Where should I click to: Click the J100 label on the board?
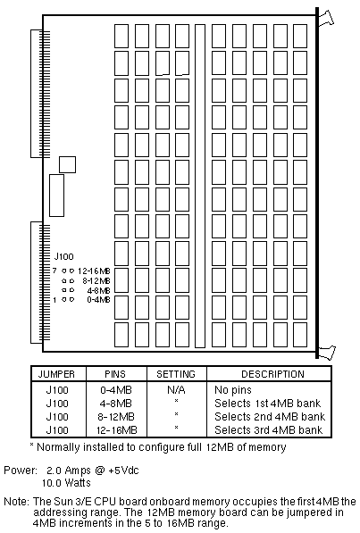coord(63,256)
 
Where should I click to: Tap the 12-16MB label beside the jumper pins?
coord(94,271)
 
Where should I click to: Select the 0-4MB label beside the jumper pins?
coord(98,299)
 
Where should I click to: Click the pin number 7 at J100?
coord(54,271)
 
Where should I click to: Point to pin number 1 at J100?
coord(54,300)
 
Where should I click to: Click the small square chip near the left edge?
coord(67,164)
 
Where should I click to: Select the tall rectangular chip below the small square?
coord(56,196)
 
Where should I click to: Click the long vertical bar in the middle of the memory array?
coord(200,186)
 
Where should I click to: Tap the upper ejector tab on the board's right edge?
coord(326,19)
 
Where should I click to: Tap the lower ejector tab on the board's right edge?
coord(327,352)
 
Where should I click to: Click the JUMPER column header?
coord(56,374)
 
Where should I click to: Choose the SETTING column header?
coord(176,374)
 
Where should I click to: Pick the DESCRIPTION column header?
coord(272,374)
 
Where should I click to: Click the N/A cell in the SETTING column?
coord(176,390)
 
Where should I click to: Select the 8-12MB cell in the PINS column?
coord(116,417)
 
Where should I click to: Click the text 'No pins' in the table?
coord(233,390)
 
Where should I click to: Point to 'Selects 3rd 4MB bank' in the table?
coord(269,430)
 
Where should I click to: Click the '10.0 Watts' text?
coord(66,483)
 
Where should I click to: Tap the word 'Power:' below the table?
coord(21,471)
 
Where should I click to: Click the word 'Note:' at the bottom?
coord(16,502)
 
